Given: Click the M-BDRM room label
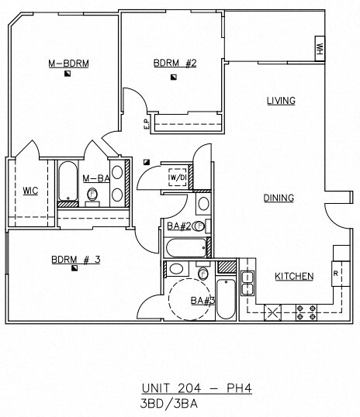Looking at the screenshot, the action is coord(68,64).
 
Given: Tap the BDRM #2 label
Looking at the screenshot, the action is coord(175,64).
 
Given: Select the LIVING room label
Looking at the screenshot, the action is coord(281,101).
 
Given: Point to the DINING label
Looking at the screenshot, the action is coord(279,198).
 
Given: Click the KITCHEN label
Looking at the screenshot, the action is coord(294,277).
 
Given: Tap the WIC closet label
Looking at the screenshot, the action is coord(30,191).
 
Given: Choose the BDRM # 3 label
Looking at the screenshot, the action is coord(76,260).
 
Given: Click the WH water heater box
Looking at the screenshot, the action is coord(320,49).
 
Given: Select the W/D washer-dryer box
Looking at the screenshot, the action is coord(178,177).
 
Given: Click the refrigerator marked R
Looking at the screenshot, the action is coord(341,274).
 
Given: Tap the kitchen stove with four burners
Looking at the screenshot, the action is coord(306,312).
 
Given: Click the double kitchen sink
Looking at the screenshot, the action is coord(247,283).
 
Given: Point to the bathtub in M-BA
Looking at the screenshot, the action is coord(68,181).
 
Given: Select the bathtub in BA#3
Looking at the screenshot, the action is coord(226,299).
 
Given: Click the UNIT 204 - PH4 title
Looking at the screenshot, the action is coord(197,388).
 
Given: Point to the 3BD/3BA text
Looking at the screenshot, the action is coord(169,404).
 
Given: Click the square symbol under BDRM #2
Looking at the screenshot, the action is coord(174,78).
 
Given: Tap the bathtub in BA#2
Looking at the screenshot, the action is coord(186,248).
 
